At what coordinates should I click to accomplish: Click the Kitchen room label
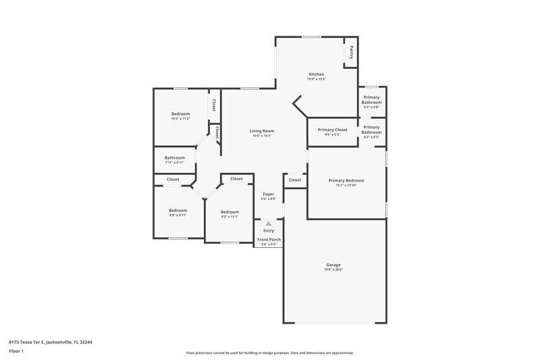[317, 74]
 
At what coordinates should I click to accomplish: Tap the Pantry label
[352, 52]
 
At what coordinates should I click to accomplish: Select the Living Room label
[262, 130]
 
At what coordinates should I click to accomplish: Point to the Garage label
[333, 265]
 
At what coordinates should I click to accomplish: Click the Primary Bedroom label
[346, 180]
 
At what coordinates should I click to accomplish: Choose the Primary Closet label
[332, 129]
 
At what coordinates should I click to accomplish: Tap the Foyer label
[269, 194]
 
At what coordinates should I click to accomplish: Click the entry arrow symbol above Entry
[269, 223]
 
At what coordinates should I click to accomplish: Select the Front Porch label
[269, 239]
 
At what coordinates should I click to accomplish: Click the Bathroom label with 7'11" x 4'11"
[174, 158]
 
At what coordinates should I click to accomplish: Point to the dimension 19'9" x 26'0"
[333, 270]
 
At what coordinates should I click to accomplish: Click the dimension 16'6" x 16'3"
[262, 136]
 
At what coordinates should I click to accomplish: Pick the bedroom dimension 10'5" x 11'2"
[180, 119]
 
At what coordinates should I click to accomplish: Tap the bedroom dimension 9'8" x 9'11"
[178, 215]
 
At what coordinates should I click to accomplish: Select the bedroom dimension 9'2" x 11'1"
[230, 217]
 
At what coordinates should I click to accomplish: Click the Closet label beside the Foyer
[295, 180]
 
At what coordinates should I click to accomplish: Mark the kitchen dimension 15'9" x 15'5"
[317, 79]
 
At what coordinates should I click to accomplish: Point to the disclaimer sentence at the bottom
[269, 353]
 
